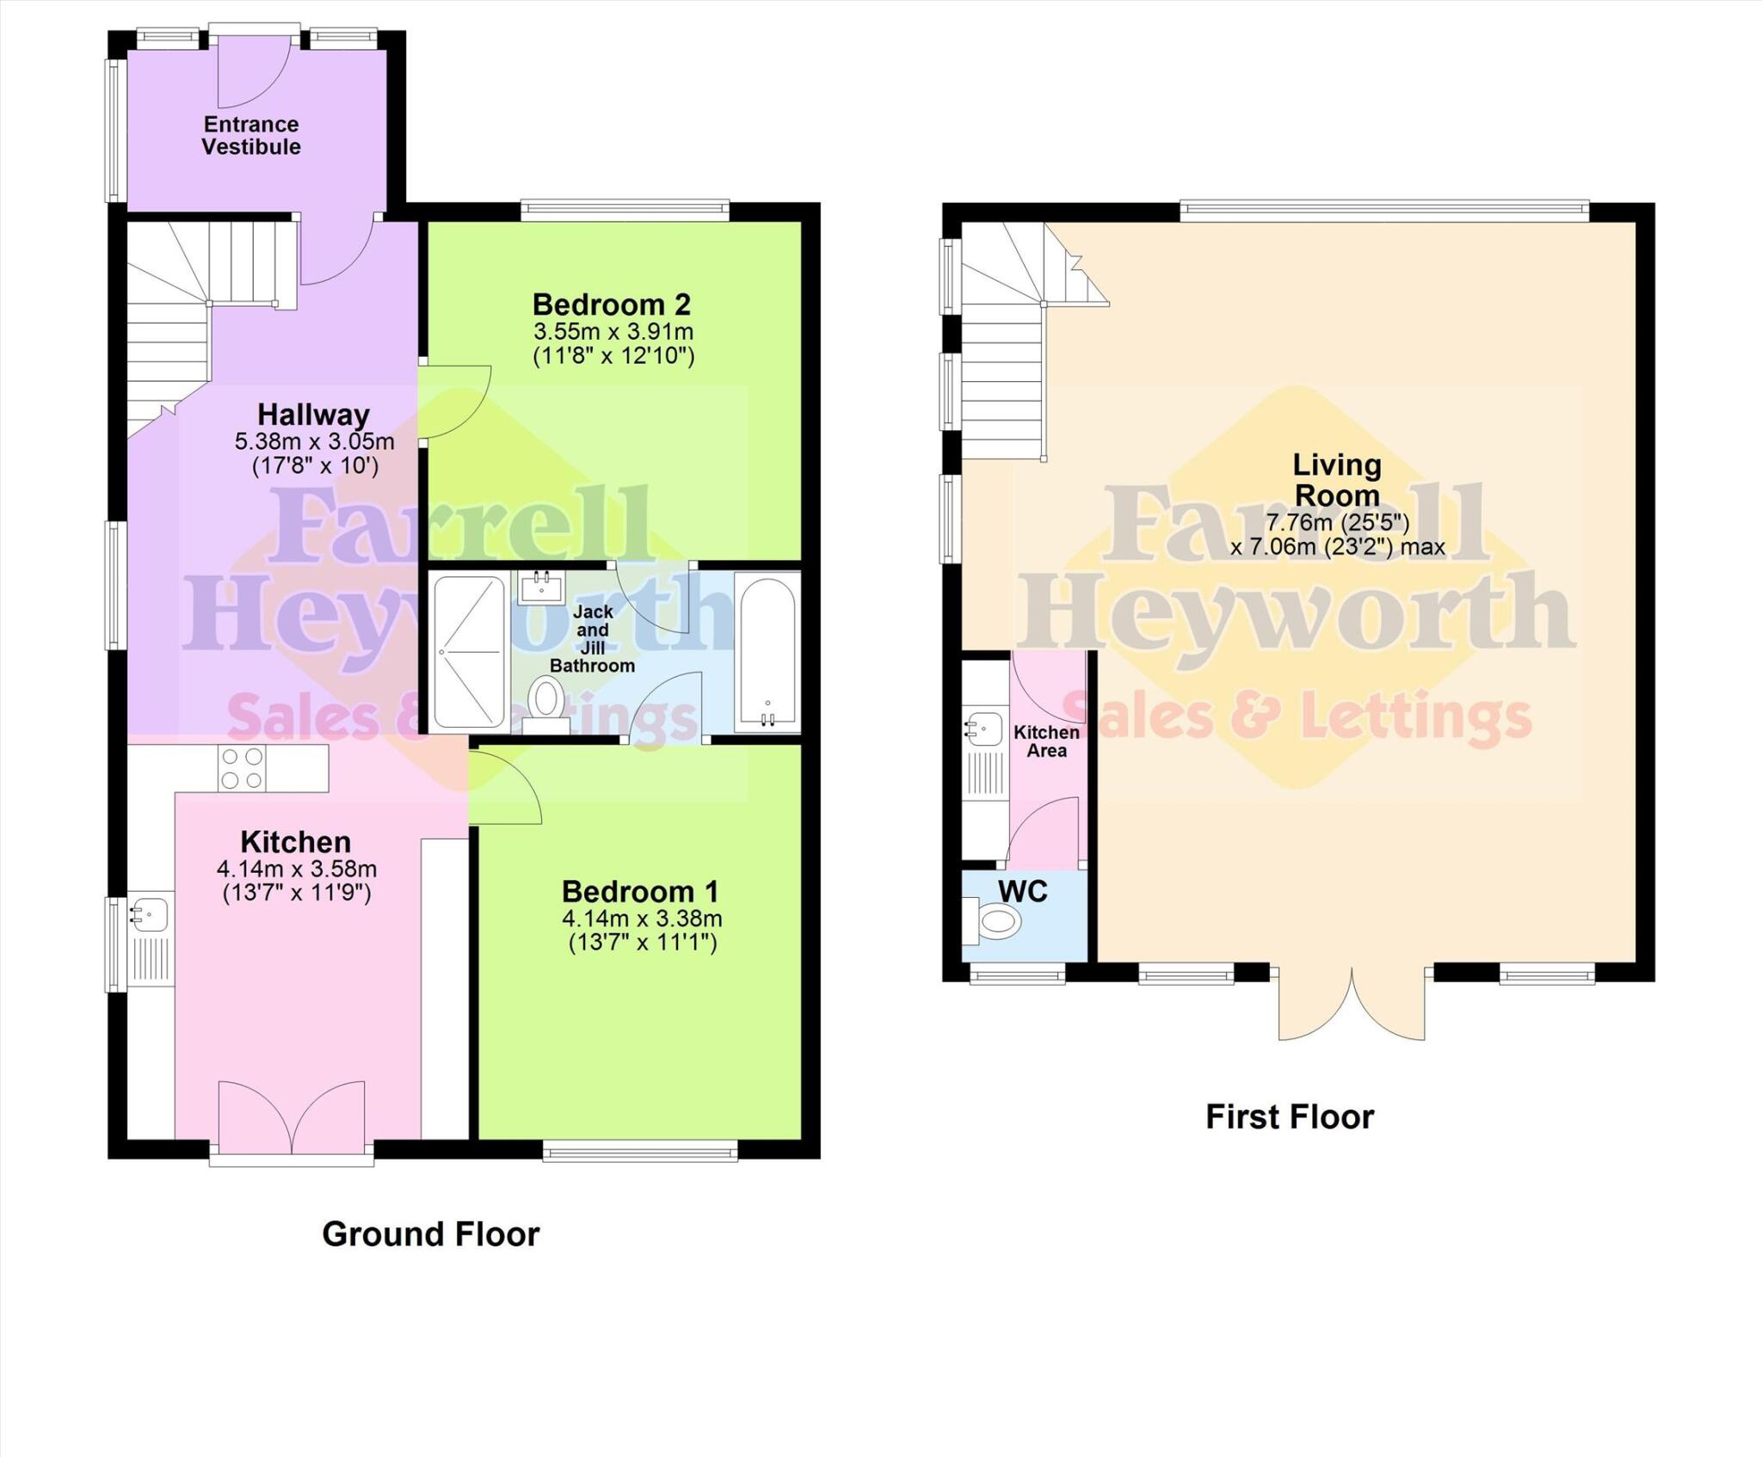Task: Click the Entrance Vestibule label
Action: (251, 136)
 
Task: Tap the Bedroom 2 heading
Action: (611, 304)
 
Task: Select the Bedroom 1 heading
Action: (640, 891)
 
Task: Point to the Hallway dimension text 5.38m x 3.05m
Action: (314, 442)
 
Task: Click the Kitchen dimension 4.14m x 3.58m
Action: (296, 870)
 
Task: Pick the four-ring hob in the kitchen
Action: (242, 768)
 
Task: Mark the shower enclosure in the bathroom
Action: (469, 652)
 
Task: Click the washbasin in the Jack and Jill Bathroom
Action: (542, 588)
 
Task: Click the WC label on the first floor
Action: (1022, 891)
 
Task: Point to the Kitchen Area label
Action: (1046, 741)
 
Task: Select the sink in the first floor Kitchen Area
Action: (986, 729)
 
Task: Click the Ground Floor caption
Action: (430, 1234)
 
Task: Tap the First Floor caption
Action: (1289, 1117)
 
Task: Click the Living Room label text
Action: (1336, 480)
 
